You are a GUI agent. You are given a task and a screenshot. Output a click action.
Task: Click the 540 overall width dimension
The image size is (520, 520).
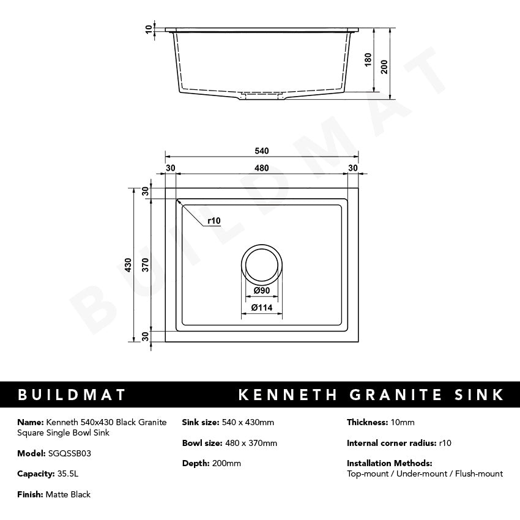point(261,151)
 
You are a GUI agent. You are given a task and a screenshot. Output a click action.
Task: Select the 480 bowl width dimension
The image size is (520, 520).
point(261,168)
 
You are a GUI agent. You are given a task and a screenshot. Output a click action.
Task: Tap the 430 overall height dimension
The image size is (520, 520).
point(128,265)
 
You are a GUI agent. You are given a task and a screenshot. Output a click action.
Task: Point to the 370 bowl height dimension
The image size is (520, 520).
point(146,265)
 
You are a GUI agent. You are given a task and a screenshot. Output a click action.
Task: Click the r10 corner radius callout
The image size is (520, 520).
point(214,221)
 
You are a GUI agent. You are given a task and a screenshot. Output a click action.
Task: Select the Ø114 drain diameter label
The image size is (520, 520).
point(262,308)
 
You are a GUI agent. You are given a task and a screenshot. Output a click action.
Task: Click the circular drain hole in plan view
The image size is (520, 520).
point(262,264)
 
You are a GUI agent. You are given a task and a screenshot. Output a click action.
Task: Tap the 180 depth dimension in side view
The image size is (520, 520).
point(368,59)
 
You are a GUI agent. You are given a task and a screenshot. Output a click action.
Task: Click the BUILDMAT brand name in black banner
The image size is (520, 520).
point(72,395)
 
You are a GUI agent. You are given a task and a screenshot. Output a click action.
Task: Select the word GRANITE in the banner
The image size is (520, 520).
point(396,395)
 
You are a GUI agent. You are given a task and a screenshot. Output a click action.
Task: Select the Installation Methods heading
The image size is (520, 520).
point(389,463)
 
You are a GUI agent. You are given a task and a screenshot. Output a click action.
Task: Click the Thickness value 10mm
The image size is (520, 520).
point(402,422)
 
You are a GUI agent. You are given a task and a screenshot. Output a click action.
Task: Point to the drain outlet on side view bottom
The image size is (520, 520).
point(262,96)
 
